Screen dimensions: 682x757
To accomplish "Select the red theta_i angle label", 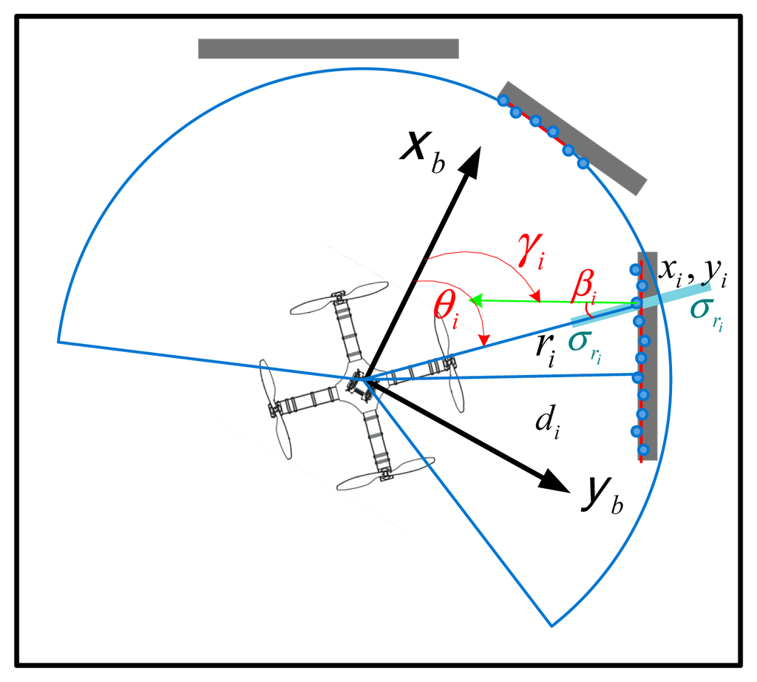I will pos(446,311).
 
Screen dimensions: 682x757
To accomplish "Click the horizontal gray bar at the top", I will pos(328,48).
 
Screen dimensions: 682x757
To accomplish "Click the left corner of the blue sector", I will pos(58,342).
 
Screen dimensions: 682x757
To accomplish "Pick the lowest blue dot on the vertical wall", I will pos(643,449).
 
